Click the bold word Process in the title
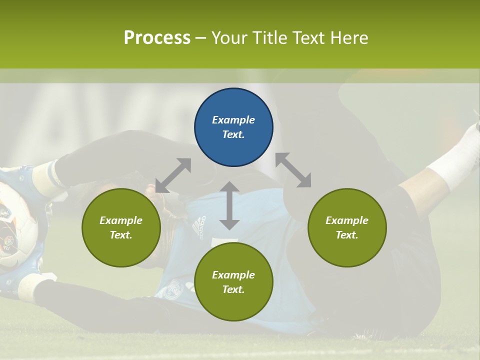click(x=157, y=38)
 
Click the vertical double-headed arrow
click(x=229, y=205)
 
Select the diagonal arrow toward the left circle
click(x=173, y=175)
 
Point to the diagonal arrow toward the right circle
click(x=293, y=170)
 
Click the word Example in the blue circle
click(x=233, y=120)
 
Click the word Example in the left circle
click(x=121, y=220)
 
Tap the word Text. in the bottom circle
click(x=233, y=289)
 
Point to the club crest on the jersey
click(x=175, y=287)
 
